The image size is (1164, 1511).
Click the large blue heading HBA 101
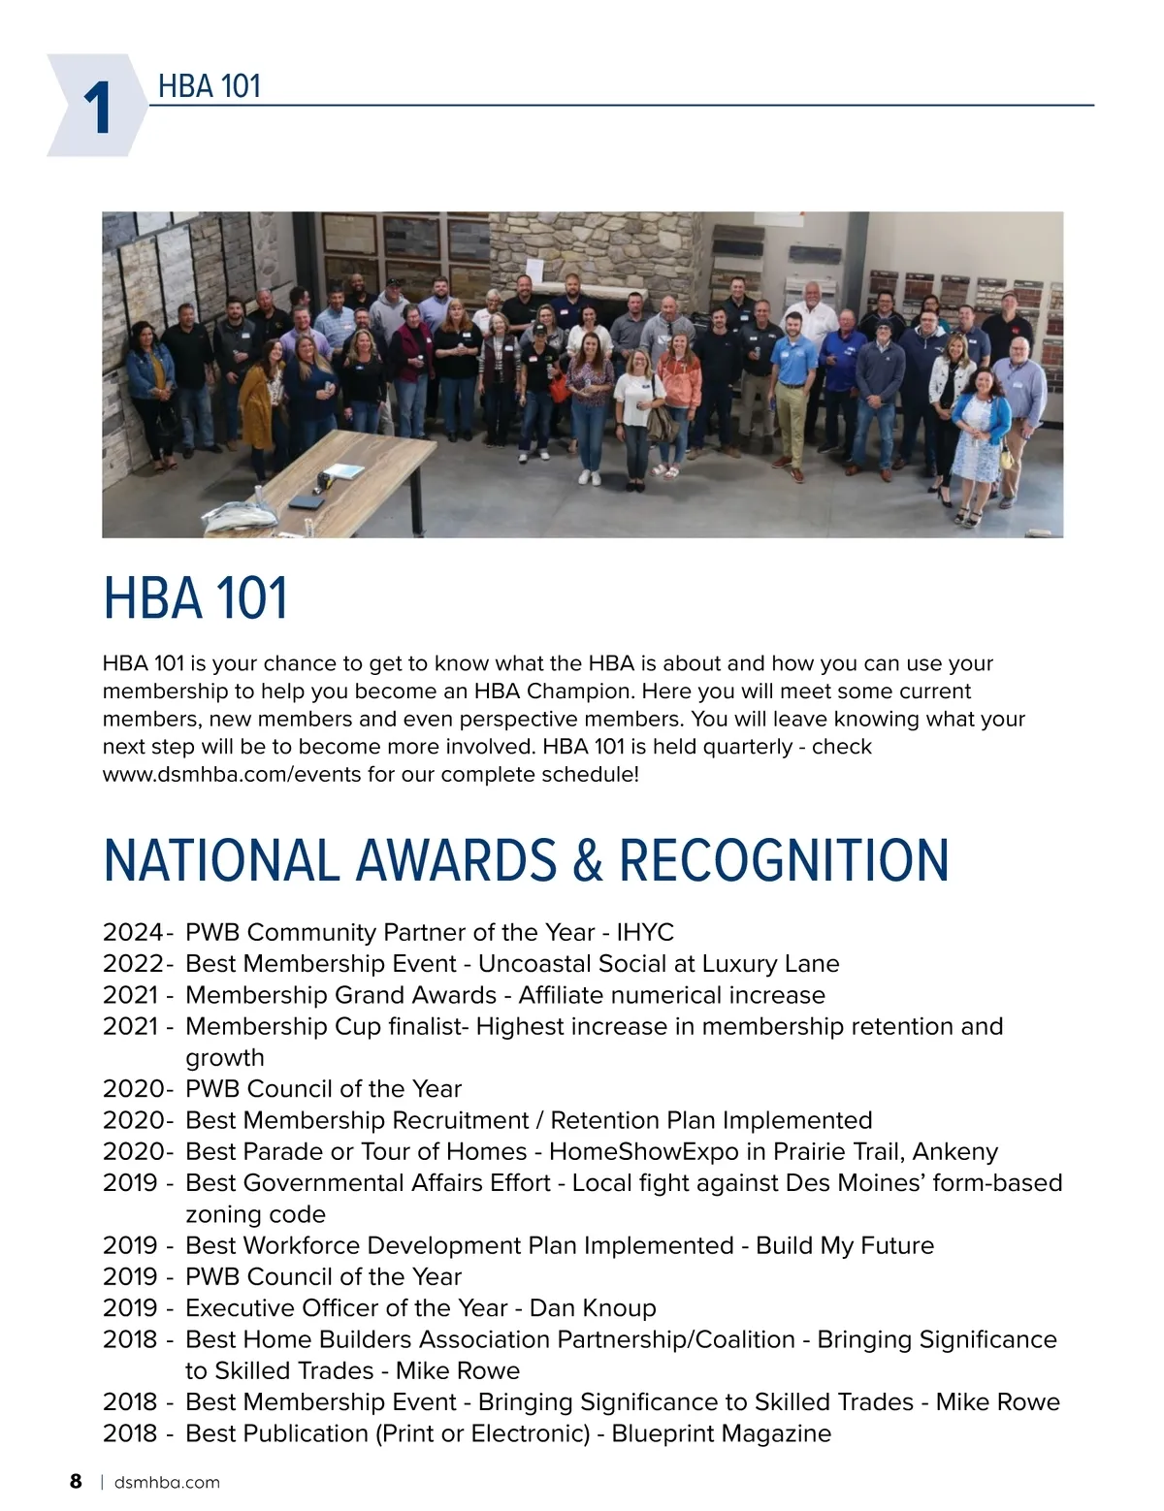pos(195,598)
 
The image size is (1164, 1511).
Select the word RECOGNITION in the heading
pos(784,860)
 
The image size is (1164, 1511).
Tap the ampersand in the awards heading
pos(588,860)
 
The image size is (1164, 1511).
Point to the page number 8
pos(76,1481)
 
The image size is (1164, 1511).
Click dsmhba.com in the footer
pos(167,1482)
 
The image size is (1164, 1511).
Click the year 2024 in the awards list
pos(133,933)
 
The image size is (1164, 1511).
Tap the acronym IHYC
pos(645,933)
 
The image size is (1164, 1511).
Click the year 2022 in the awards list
pos(133,964)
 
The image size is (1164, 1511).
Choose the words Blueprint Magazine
pos(721,1433)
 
